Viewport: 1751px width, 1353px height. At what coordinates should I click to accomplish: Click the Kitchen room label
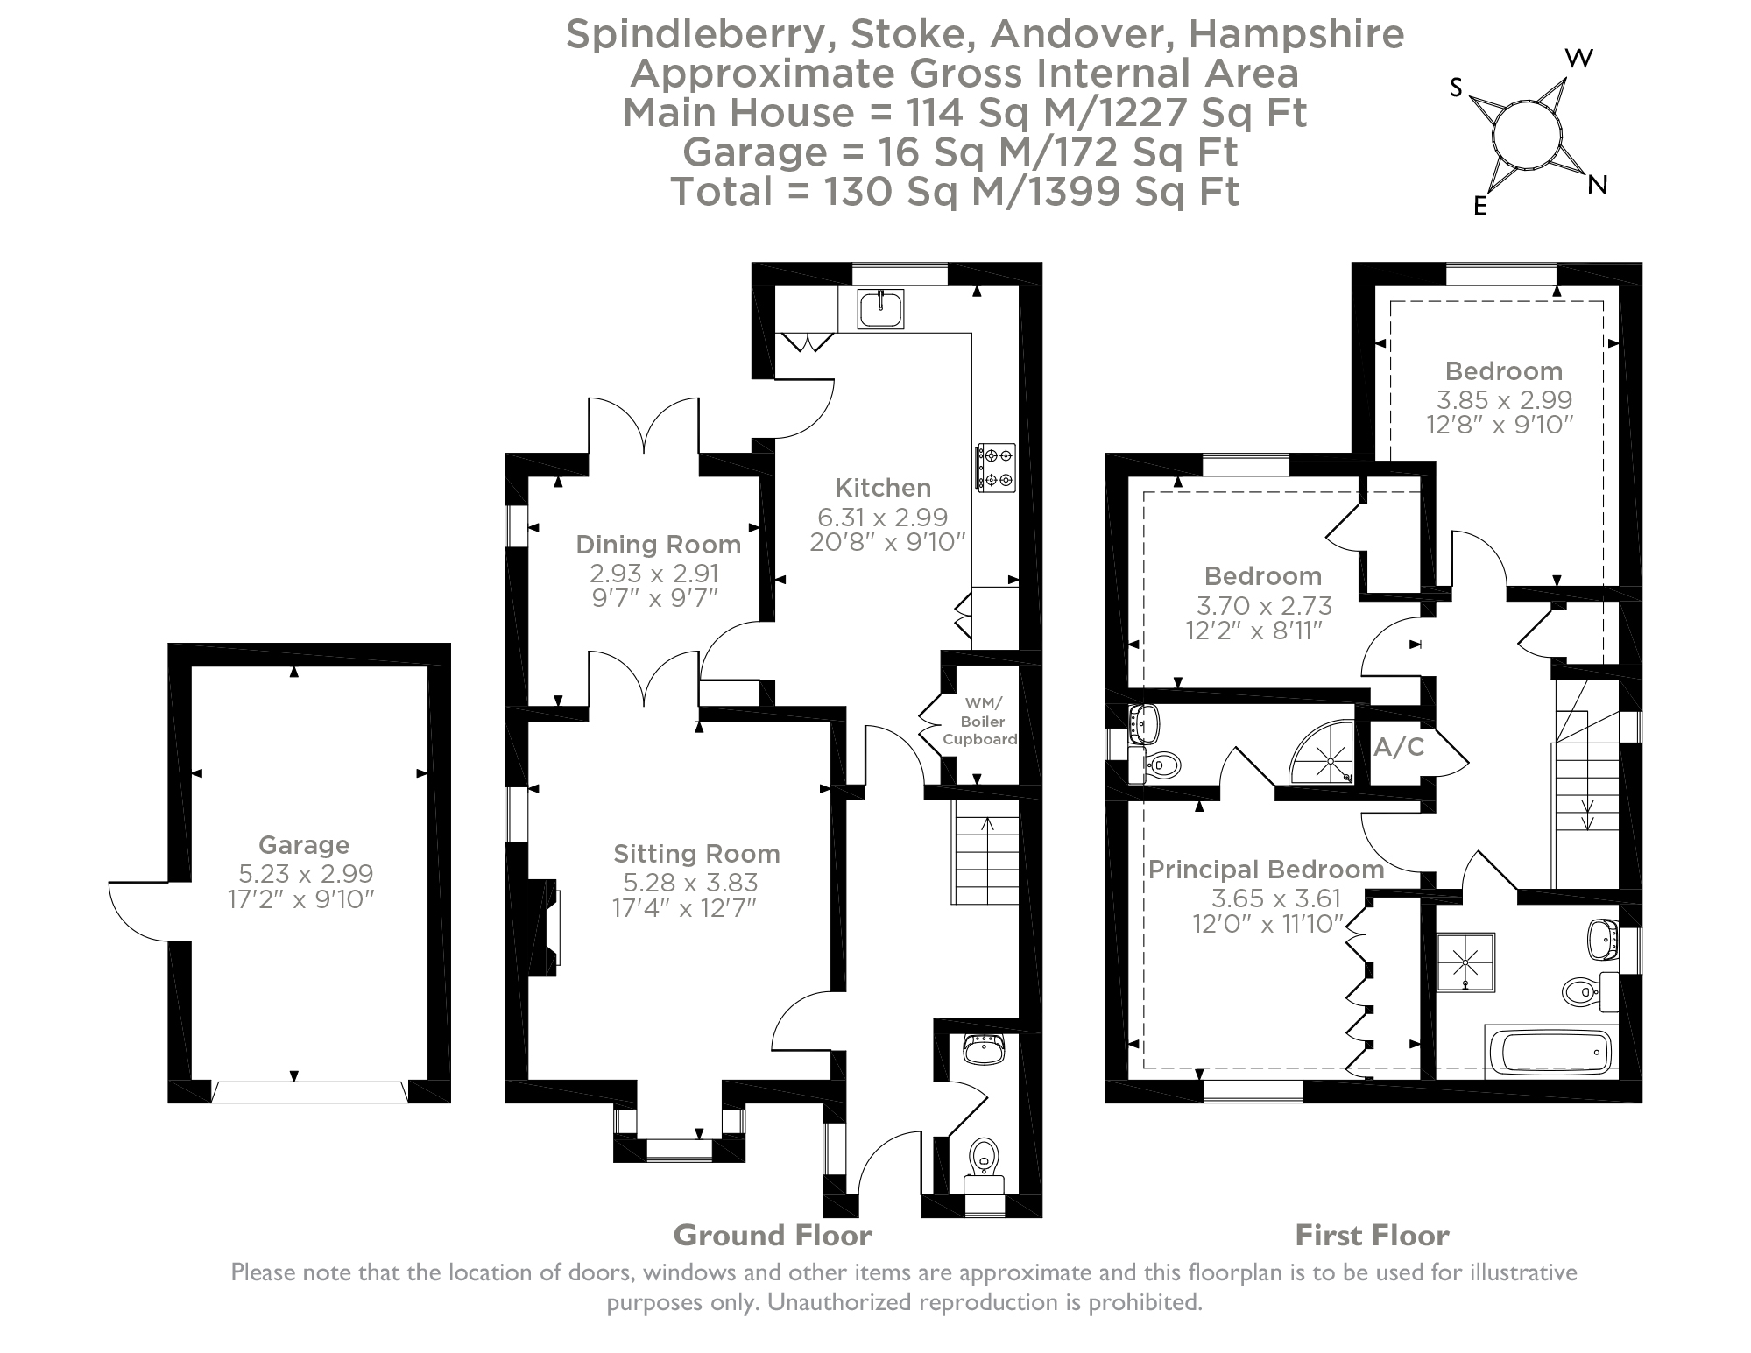click(x=882, y=488)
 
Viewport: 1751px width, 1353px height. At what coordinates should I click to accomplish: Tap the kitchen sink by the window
click(x=879, y=309)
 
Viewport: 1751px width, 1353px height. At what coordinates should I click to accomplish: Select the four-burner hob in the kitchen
click(x=996, y=467)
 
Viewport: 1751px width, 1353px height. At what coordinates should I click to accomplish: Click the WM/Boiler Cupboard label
click(x=979, y=722)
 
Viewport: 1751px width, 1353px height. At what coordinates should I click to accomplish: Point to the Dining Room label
click(x=658, y=545)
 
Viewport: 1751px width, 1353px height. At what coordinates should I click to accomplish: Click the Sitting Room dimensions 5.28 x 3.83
click(x=690, y=883)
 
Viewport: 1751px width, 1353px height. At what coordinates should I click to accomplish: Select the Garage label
click(x=303, y=845)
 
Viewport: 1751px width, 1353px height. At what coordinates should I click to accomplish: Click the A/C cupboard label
click(x=1399, y=747)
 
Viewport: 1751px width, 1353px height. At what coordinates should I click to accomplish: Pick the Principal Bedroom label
click(x=1266, y=870)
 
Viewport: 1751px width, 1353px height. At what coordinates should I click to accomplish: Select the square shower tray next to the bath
click(x=1465, y=962)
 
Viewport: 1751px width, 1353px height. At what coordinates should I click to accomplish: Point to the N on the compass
click(x=1598, y=185)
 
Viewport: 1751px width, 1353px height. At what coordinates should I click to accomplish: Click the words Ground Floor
click(x=772, y=1236)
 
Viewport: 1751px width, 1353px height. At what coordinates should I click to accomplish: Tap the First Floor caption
click(x=1372, y=1236)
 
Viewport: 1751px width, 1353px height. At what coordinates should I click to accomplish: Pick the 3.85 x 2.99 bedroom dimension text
click(x=1504, y=400)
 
